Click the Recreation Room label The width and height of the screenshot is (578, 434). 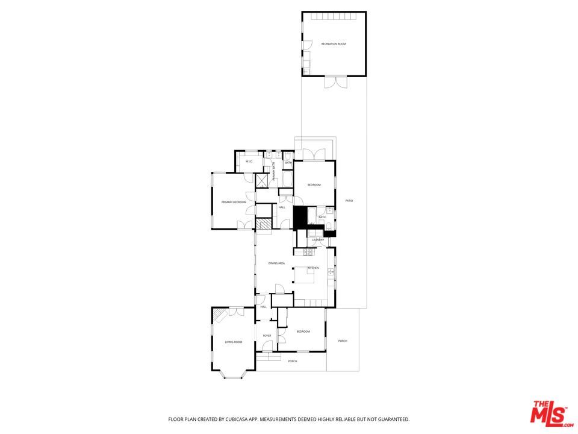[333, 44]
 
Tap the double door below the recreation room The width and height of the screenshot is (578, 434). [334, 83]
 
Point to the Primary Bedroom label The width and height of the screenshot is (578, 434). [234, 202]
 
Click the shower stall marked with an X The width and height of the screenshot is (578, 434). [263, 180]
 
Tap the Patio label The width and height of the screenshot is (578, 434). [349, 201]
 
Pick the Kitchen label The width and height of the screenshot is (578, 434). [313, 268]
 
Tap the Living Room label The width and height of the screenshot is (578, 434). [234, 342]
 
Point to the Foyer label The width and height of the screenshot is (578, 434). [266, 336]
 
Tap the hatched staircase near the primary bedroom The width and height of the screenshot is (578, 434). [263, 224]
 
